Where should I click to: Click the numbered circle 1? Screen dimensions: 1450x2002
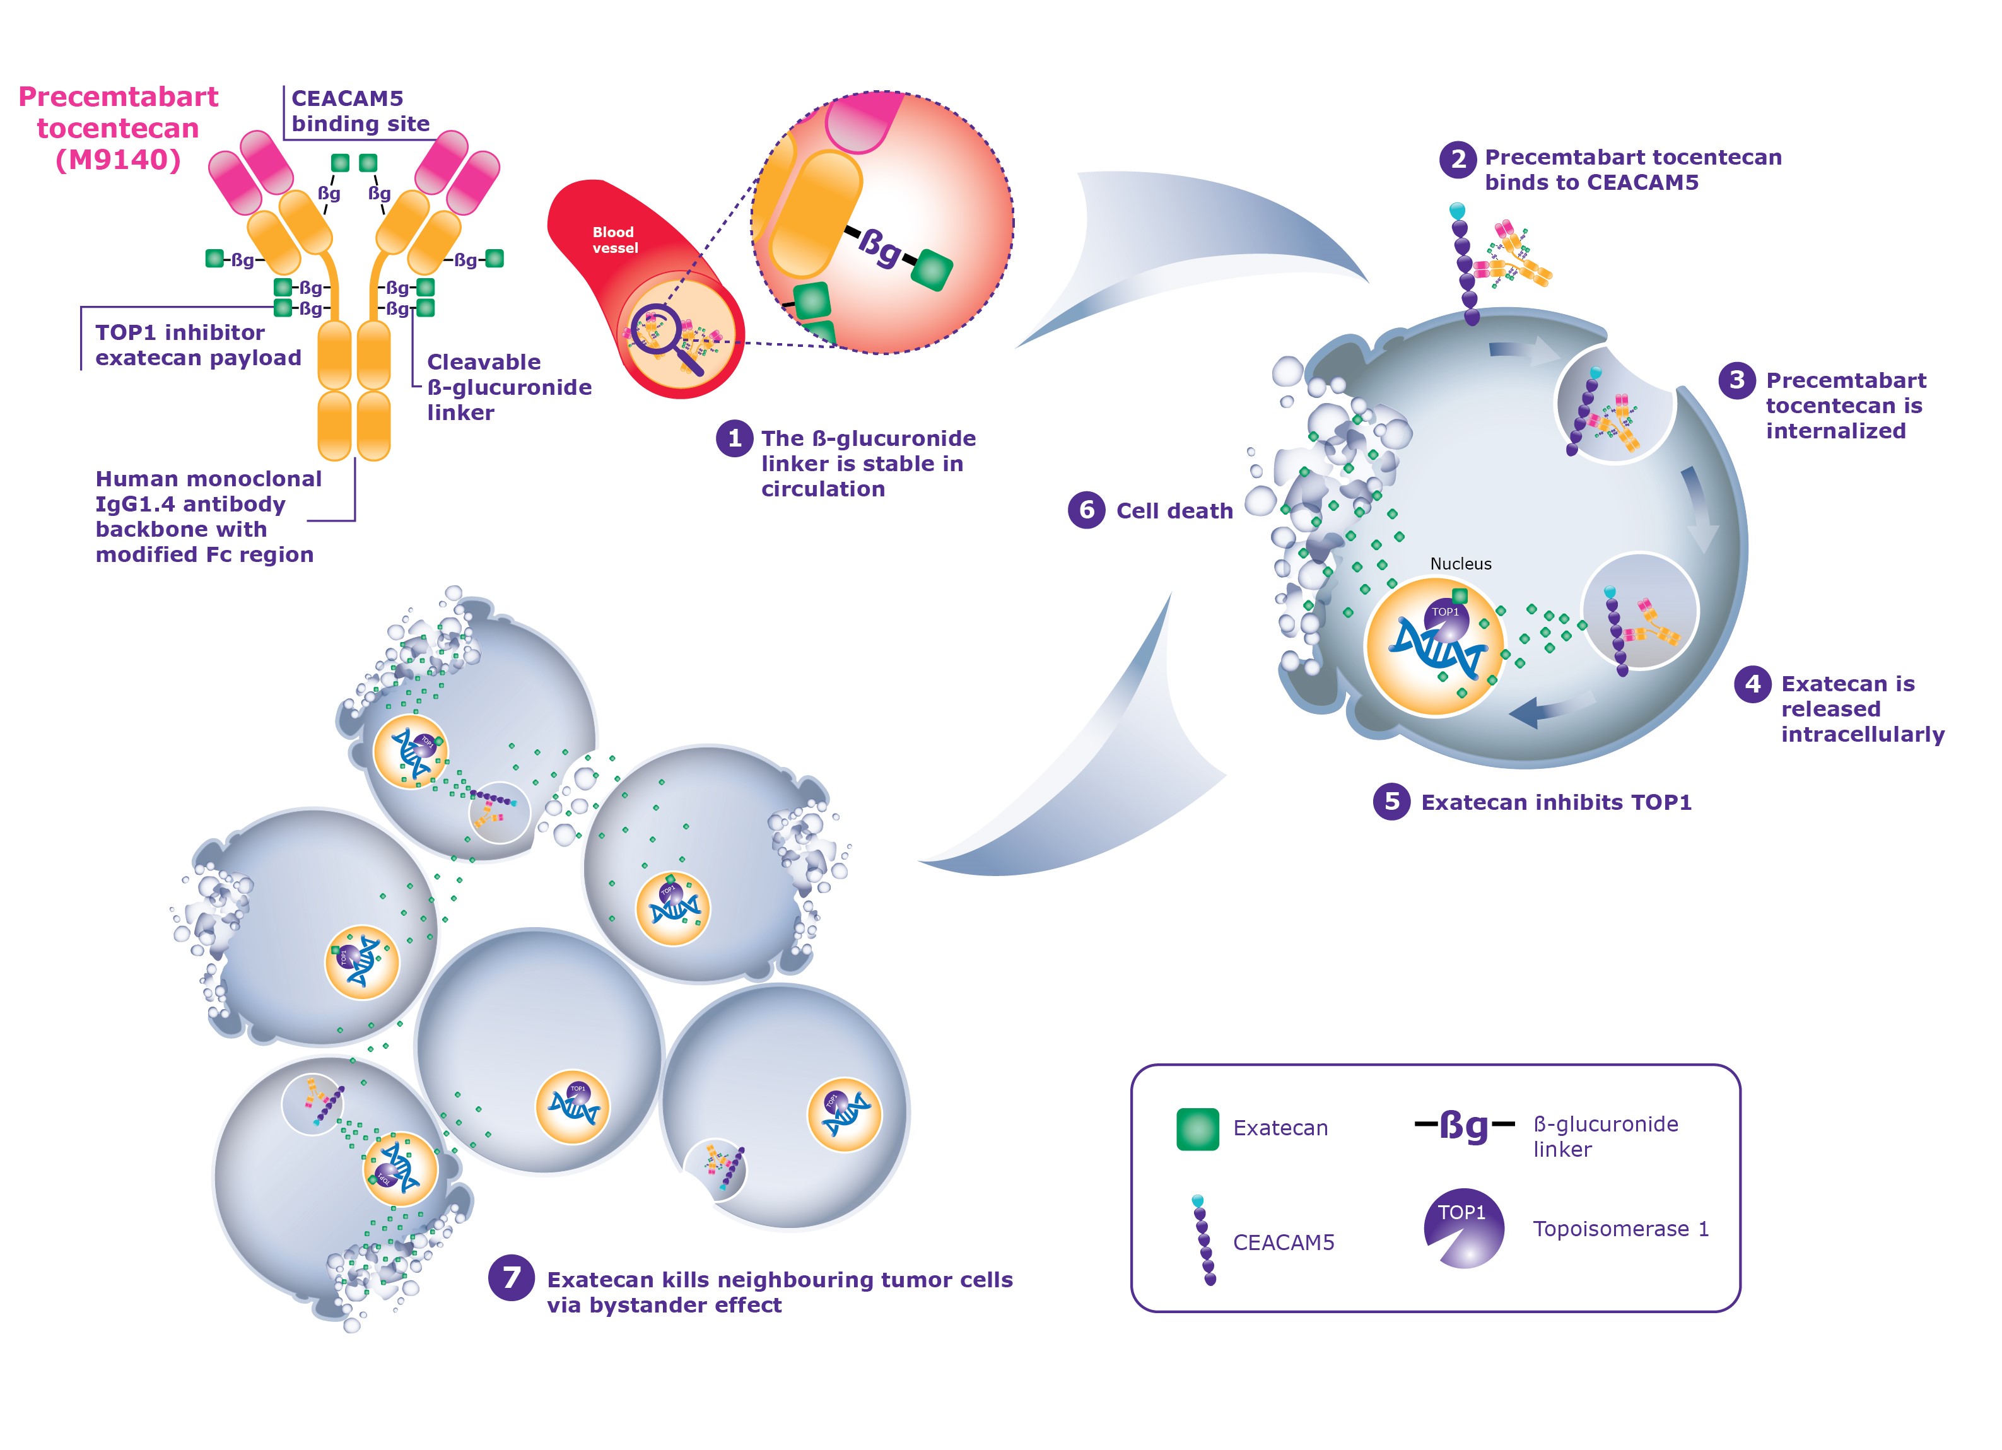pos(734,438)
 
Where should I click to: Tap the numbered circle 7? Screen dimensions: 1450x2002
pos(511,1278)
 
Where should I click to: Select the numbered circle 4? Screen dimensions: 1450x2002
pos(1752,684)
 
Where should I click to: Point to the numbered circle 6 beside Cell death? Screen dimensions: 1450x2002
pos(1087,510)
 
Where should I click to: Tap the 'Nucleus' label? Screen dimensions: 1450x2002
pos(1460,564)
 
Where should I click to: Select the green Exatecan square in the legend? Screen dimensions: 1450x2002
pos(1197,1129)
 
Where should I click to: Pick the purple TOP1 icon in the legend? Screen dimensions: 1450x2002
pos(1463,1227)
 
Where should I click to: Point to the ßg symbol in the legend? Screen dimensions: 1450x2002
pos(1465,1126)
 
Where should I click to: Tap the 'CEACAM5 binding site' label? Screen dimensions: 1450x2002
pos(360,111)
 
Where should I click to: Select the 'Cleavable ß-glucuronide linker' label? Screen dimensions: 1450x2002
pos(508,387)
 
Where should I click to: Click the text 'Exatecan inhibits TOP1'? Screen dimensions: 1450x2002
pos(1555,802)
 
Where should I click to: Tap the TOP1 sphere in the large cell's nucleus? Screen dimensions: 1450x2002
pos(1446,617)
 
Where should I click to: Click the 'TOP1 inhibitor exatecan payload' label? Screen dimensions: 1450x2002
pos(197,345)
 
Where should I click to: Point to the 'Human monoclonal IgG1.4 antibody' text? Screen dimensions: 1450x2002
pos(208,491)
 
